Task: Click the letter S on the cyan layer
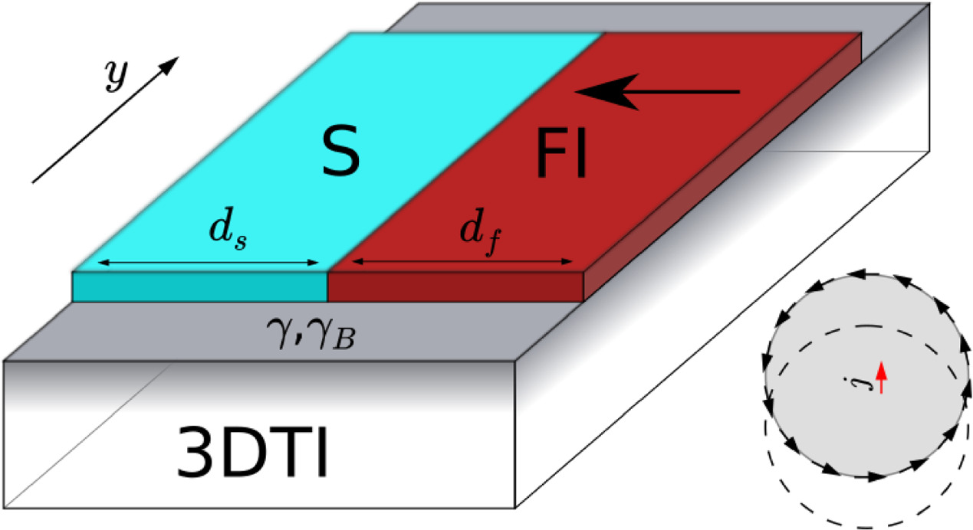tap(337, 152)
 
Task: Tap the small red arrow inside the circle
tap(882, 377)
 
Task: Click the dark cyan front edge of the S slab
tap(199, 286)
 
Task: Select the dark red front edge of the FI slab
tap(455, 286)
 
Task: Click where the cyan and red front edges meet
tap(327, 286)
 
